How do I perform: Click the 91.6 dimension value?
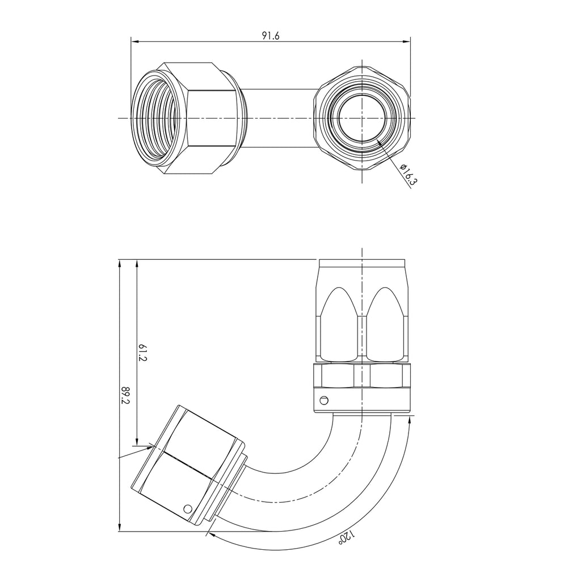click(271, 36)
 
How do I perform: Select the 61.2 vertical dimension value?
click(144, 352)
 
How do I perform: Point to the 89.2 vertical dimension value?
click(125, 395)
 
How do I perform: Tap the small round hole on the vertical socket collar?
click(324, 400)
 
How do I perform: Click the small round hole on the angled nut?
click(188, 509)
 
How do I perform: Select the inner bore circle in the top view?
click(361, 118)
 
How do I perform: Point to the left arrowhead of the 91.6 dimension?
click(134, 41)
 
